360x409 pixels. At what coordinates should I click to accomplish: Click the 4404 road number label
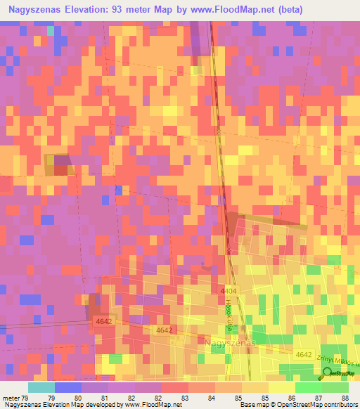click(229, 290)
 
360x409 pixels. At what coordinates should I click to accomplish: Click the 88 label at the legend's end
click(345, 397)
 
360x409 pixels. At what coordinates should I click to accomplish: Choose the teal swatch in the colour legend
click(41, 387)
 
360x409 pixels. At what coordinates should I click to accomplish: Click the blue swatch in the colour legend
click(67, 387)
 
